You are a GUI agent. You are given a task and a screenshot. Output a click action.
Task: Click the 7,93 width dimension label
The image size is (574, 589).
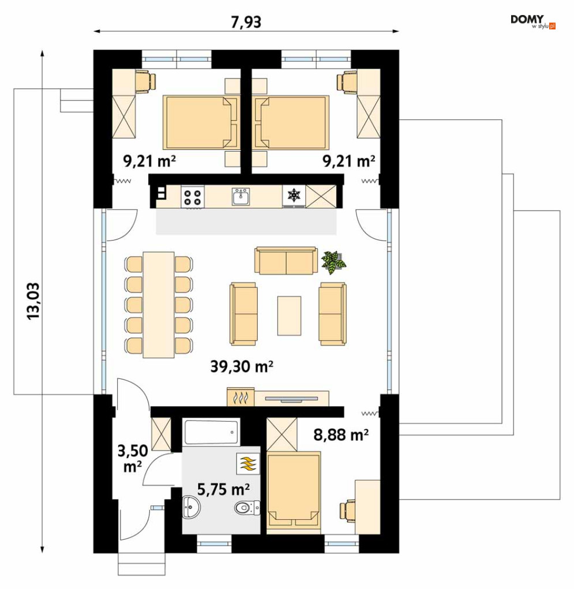click(x=246, y=22)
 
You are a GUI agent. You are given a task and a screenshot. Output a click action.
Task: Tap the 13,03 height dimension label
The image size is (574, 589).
click(x=33, y=301)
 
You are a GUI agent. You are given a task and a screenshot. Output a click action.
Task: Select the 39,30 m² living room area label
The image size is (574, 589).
click(x=242, y=366)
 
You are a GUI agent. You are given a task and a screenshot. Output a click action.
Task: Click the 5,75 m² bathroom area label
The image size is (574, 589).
click(x=223, y=489)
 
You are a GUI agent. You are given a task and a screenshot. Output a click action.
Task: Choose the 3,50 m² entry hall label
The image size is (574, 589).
click(x=132, y=459)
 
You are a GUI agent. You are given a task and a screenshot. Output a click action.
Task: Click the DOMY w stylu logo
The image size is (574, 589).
click(x=532, y=21)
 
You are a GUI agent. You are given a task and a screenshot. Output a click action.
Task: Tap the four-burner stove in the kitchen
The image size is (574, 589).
click(x=192, y=197)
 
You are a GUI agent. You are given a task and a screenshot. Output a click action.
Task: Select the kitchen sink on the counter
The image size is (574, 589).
click(x=240, y=197)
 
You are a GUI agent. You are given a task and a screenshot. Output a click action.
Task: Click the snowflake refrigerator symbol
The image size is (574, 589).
click(x=294, y=196)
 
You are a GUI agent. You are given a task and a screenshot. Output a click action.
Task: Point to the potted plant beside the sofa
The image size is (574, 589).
click(x=333, y=262)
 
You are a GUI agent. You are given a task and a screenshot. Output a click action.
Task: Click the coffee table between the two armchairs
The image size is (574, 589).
click(x=289, y=316)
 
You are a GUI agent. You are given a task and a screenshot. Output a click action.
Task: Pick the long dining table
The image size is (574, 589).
click(x=159, y=305)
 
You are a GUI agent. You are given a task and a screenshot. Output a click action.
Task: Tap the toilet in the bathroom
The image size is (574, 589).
click(x=247, y=508)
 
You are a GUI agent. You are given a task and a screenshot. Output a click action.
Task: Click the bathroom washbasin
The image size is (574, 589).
click(x=192, y=508)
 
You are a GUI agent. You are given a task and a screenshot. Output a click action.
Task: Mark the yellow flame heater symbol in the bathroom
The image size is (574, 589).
click(x=247, y=464)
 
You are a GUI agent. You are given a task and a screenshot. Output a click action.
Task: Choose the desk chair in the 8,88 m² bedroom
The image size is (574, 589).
click(x=348, y=511)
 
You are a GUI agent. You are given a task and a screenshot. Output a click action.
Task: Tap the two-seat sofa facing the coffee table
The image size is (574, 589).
click(x=286, y=260)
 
